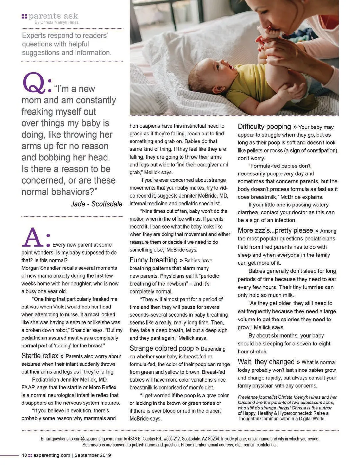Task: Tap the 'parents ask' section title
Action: pyautogui.click(x=53, y=16)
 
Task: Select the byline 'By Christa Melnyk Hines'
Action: pyautogui.click(x=56, y=22)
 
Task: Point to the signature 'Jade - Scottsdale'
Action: pyautogui.click(x=96, y=204)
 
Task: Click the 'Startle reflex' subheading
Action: pyautogui.click(x=40, y=356)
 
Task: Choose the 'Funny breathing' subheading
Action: pyautogui.click(x=153, y=260)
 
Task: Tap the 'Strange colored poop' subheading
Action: pyautogui.click(x=161, y=348)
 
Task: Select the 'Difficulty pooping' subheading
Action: pyautogui.click(x=264, y=126)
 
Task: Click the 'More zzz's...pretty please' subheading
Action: pyautogui.click(x=275, y=231)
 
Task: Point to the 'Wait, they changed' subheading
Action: pyautogui.click(x=266, y=362)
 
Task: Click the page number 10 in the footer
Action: pyautogui.click(x=24, y=455)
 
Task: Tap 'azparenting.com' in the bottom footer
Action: pyautogui.click(x=52, y=455)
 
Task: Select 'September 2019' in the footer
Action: pyautogui.click(x=93, y=455)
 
